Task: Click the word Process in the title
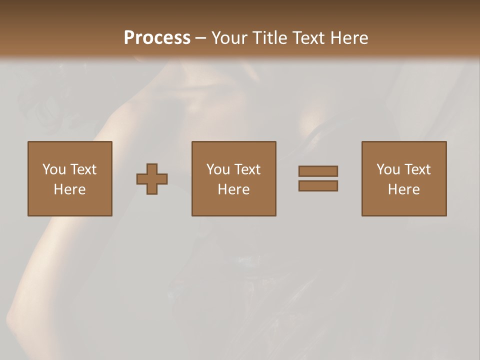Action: click(157, 38)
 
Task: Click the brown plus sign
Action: click(152, 179)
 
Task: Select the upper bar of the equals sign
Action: click(318, 171)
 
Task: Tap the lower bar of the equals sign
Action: click(318, 186)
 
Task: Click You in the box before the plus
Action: click(53, 169)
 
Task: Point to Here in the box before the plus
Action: click(69, 189)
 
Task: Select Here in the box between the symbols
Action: click(233, 189)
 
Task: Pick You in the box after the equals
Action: click(388, 169)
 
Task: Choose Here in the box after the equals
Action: click(403, 189)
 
